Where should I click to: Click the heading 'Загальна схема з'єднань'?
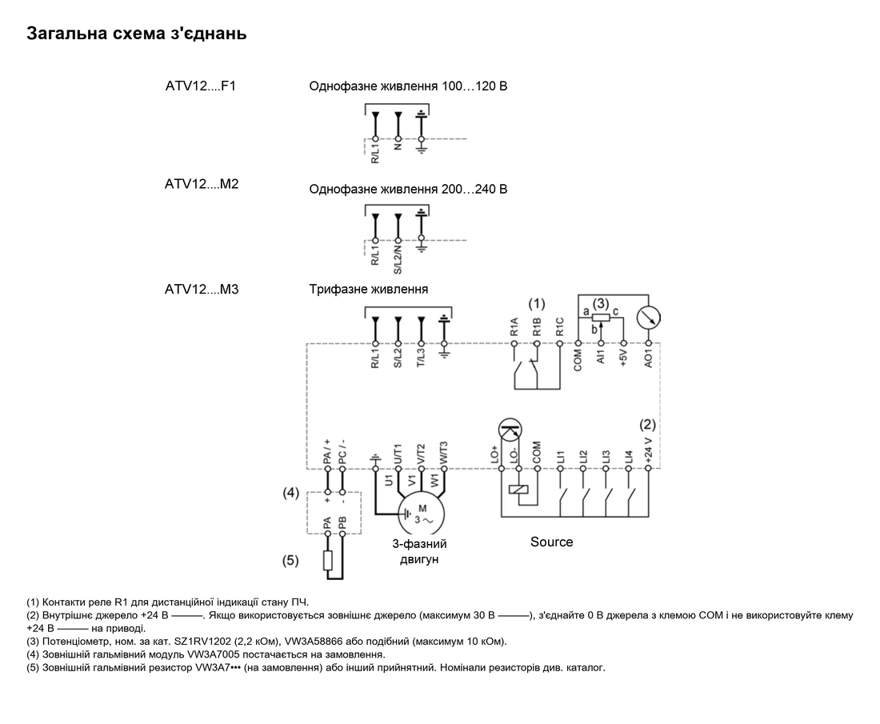click(136, 33)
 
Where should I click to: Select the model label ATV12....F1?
click(200, 86)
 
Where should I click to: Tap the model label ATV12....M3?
click(202, 289)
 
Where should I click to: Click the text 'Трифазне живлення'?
click(368, 289)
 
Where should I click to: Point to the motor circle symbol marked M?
click(421, 513)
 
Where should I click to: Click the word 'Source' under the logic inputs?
click(552, 542)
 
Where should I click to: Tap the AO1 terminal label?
click(648, 358)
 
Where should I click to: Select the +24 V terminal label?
click(648, 450)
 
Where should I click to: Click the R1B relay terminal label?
click(537, 327)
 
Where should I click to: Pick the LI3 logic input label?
click(606, 457)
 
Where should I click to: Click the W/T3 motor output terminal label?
click(444, 453)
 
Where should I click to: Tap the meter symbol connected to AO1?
click(648, 318)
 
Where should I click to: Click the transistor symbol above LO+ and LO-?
click(510, 430)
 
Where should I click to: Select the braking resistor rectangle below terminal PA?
click(328, 561)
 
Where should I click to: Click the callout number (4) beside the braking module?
click(290, 493)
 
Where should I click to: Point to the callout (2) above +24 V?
click(648, 424)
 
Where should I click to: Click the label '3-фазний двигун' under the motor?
click(419, 551)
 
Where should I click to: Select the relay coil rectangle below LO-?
click(518, 490)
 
